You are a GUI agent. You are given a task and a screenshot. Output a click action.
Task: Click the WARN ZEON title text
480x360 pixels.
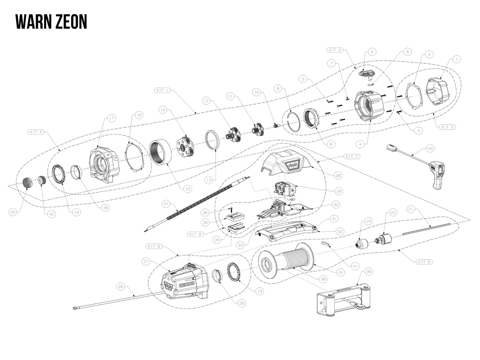[x=51, y=22]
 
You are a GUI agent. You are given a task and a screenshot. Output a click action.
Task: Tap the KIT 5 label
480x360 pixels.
[x=424, y=261]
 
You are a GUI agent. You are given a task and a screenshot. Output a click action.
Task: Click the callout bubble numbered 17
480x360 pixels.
[x=111, y=118]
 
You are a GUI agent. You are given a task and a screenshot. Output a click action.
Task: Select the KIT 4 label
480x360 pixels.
[x=36, y=132]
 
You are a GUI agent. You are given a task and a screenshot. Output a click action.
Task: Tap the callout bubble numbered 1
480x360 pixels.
[x=457, y=59]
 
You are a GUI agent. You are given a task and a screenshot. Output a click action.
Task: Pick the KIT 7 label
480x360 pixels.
[x=352, y=156]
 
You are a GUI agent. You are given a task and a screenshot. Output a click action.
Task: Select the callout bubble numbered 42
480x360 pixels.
[x=52, y=214]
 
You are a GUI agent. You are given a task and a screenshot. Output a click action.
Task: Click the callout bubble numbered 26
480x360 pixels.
[x=120, y=286]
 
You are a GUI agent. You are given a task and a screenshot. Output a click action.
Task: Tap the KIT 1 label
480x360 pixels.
[x=162, y=90]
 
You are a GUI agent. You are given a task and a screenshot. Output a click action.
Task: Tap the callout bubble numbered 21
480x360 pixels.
[x=411, y=209]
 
